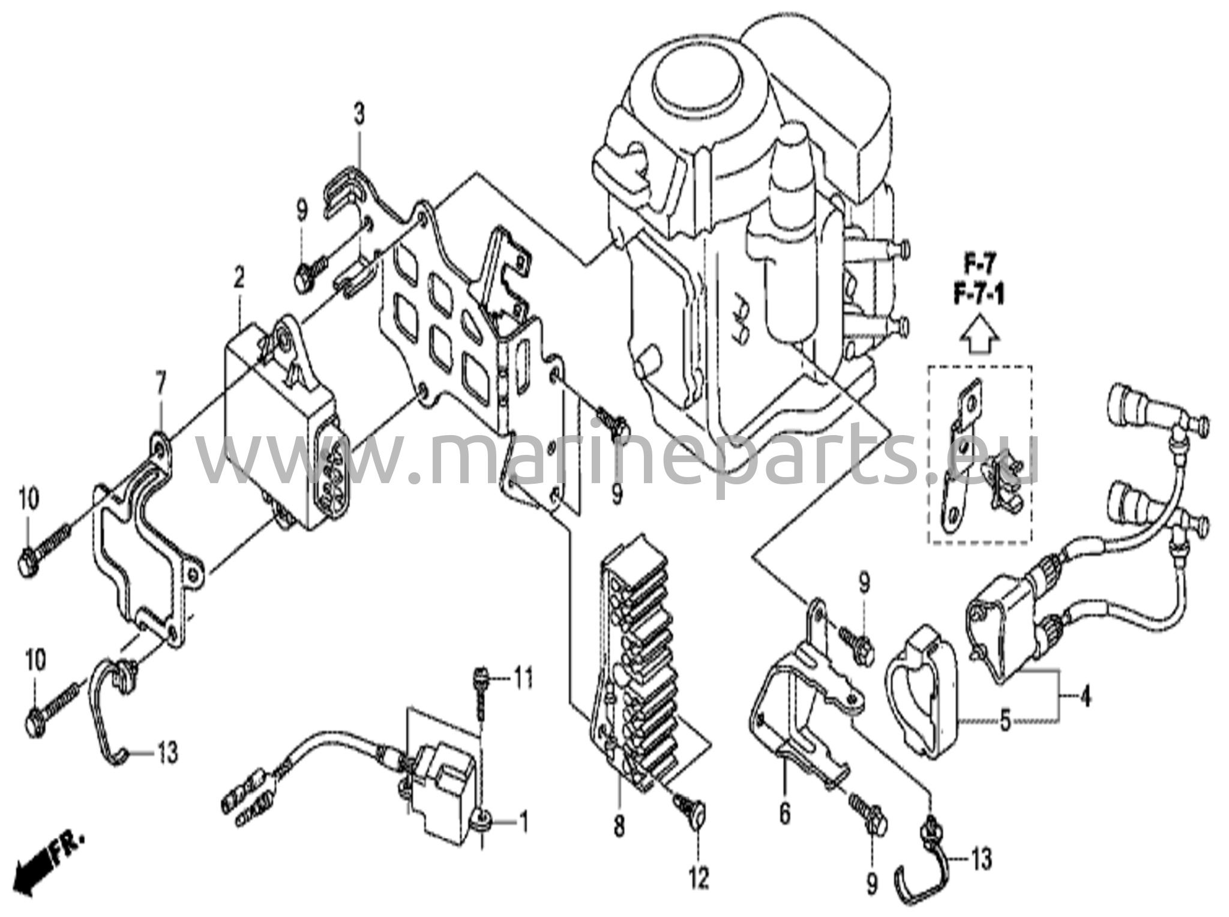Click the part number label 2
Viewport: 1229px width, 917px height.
(x=239, y=277)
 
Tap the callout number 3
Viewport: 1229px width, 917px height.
(x=358, y=114)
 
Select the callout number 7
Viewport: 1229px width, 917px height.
(x=160, y=382)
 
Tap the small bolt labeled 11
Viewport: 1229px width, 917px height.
(x=481, y=679)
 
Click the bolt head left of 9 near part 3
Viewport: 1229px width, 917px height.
(x=303, y=279)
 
